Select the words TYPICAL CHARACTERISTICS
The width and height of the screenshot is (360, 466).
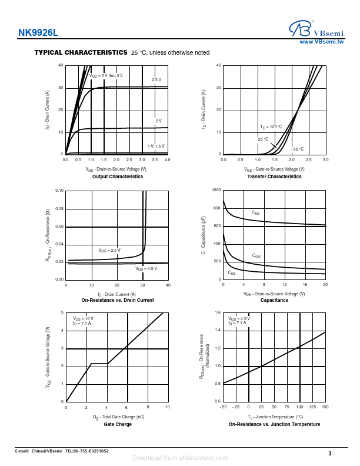coord(81,52)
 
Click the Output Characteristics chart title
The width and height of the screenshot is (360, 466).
coord(118,177)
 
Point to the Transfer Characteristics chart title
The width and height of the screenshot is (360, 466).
coord(274,177)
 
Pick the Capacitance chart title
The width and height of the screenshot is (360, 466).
coord(274,300)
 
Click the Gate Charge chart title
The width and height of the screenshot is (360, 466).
coord(118,424)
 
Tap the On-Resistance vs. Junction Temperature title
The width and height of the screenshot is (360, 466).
coord(274,424)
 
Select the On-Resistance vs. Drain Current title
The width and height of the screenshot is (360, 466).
coord(118,300)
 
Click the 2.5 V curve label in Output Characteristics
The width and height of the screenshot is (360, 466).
coord(156,79)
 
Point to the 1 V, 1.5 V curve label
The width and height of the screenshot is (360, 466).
coord(156,145)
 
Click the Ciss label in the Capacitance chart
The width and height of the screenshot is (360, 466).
coord(256,212)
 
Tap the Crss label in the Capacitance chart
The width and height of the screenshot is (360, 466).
coord(232,273)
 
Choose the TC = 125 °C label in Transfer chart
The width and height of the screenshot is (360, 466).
coord(271,127)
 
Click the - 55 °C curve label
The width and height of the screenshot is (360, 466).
coord(298,149)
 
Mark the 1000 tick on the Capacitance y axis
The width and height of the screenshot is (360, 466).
coord(216,191)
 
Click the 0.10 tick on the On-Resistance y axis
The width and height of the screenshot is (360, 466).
coord(59,191)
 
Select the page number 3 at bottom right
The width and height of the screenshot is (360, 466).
coord(330,453)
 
